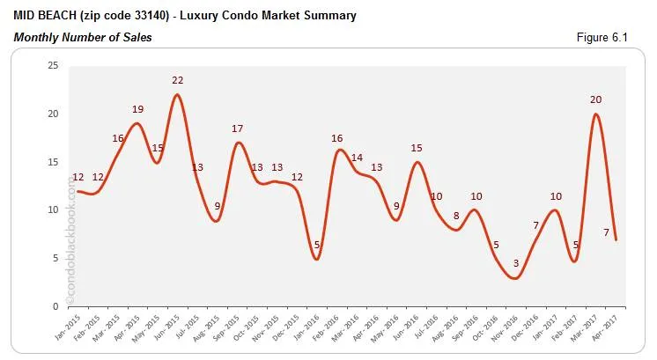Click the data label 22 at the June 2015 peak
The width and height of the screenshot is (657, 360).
point(177,81)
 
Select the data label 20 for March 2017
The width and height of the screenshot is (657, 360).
point(596,99)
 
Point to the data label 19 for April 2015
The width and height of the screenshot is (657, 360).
point(138,109)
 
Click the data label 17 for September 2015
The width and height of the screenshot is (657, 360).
point(238,129)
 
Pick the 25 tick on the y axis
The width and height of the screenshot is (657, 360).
point(53,66)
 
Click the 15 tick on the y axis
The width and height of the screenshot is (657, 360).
point(53,162)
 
